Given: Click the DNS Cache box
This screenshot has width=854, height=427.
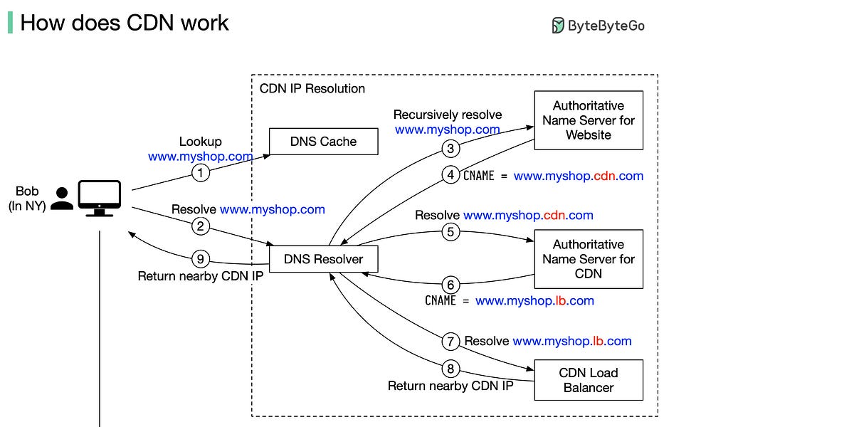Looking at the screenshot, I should (x=323, y=141).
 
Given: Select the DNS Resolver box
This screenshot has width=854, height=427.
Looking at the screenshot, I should (x=323, y=259).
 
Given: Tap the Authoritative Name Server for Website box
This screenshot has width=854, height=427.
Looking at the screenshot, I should (x=589, y=120).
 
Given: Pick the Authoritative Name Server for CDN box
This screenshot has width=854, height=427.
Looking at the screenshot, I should (x=589, y=259).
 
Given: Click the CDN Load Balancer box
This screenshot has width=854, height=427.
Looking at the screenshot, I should (x=589, y=380).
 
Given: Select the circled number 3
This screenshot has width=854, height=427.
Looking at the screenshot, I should (x=450, y=148).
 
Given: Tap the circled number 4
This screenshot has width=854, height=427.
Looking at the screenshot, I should (x=450, y=175).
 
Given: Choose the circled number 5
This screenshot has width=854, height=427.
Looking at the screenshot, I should (x=450, y=232).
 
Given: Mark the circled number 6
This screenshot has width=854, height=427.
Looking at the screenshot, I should (x=450, y=283).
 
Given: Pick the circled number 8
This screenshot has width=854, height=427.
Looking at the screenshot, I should (x=450, y=369).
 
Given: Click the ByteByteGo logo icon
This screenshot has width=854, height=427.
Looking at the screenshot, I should (x=559, y=26).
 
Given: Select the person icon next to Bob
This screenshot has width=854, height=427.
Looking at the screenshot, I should (x=63, y=199).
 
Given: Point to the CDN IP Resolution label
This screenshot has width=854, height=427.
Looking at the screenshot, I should (x=312, y=88).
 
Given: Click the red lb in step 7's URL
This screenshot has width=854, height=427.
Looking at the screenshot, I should (x=598, y=341).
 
